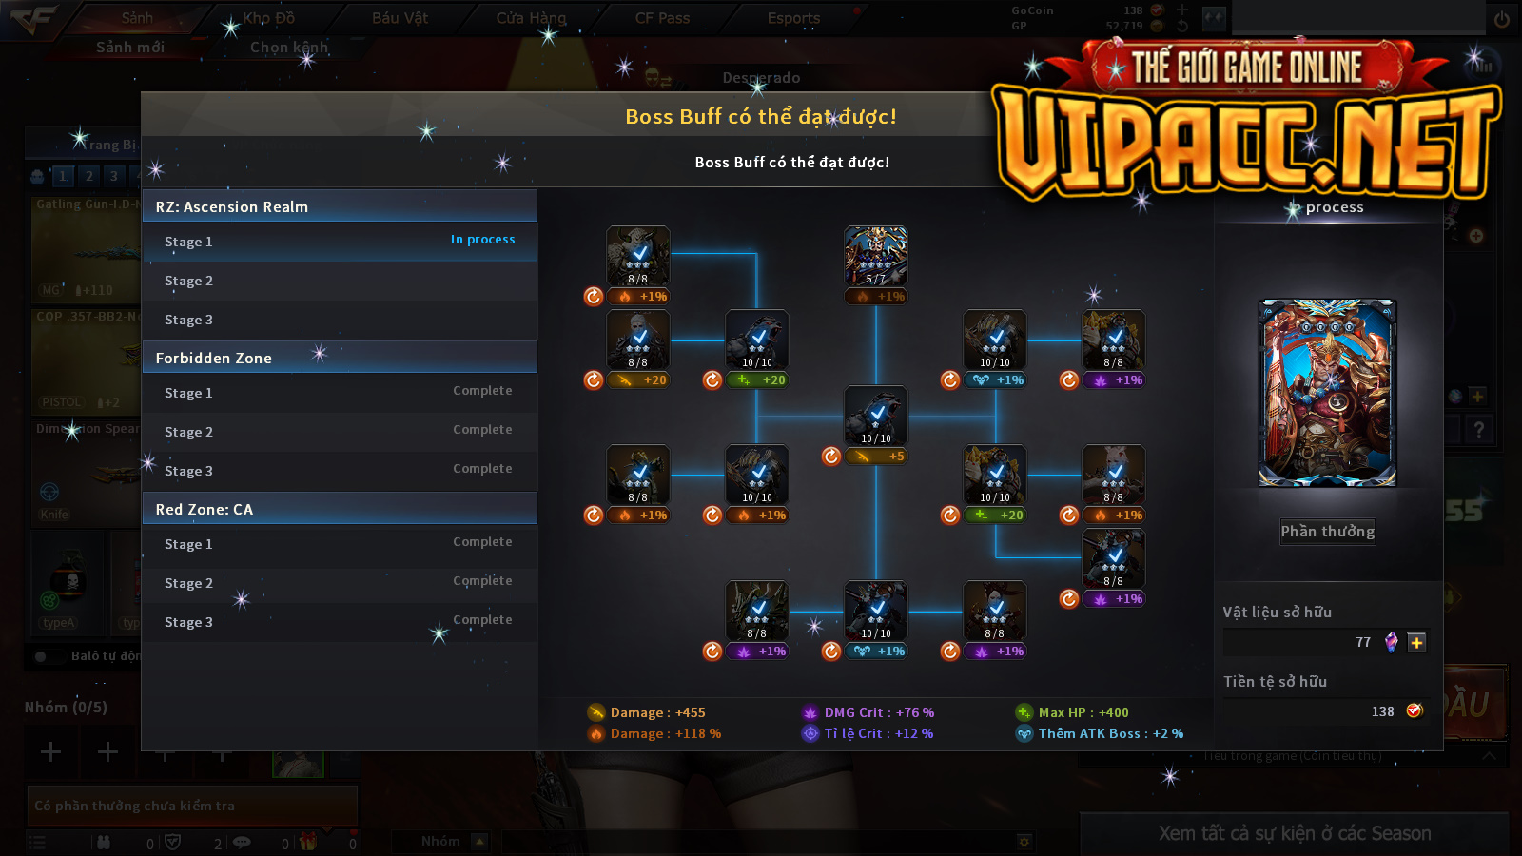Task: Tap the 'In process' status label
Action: pos(482,240)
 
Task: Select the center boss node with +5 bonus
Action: pos(876,416)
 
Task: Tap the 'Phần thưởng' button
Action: pos(1327,532)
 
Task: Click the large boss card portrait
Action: pos(1327,393)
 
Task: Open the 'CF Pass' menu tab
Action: pos(662,18)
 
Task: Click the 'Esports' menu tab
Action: pos(793,18)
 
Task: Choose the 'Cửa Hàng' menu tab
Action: pos(531,18)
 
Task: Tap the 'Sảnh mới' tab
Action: pos(130,47)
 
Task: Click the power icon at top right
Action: pos(1502,19)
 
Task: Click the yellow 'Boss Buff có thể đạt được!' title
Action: pos(760,116)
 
